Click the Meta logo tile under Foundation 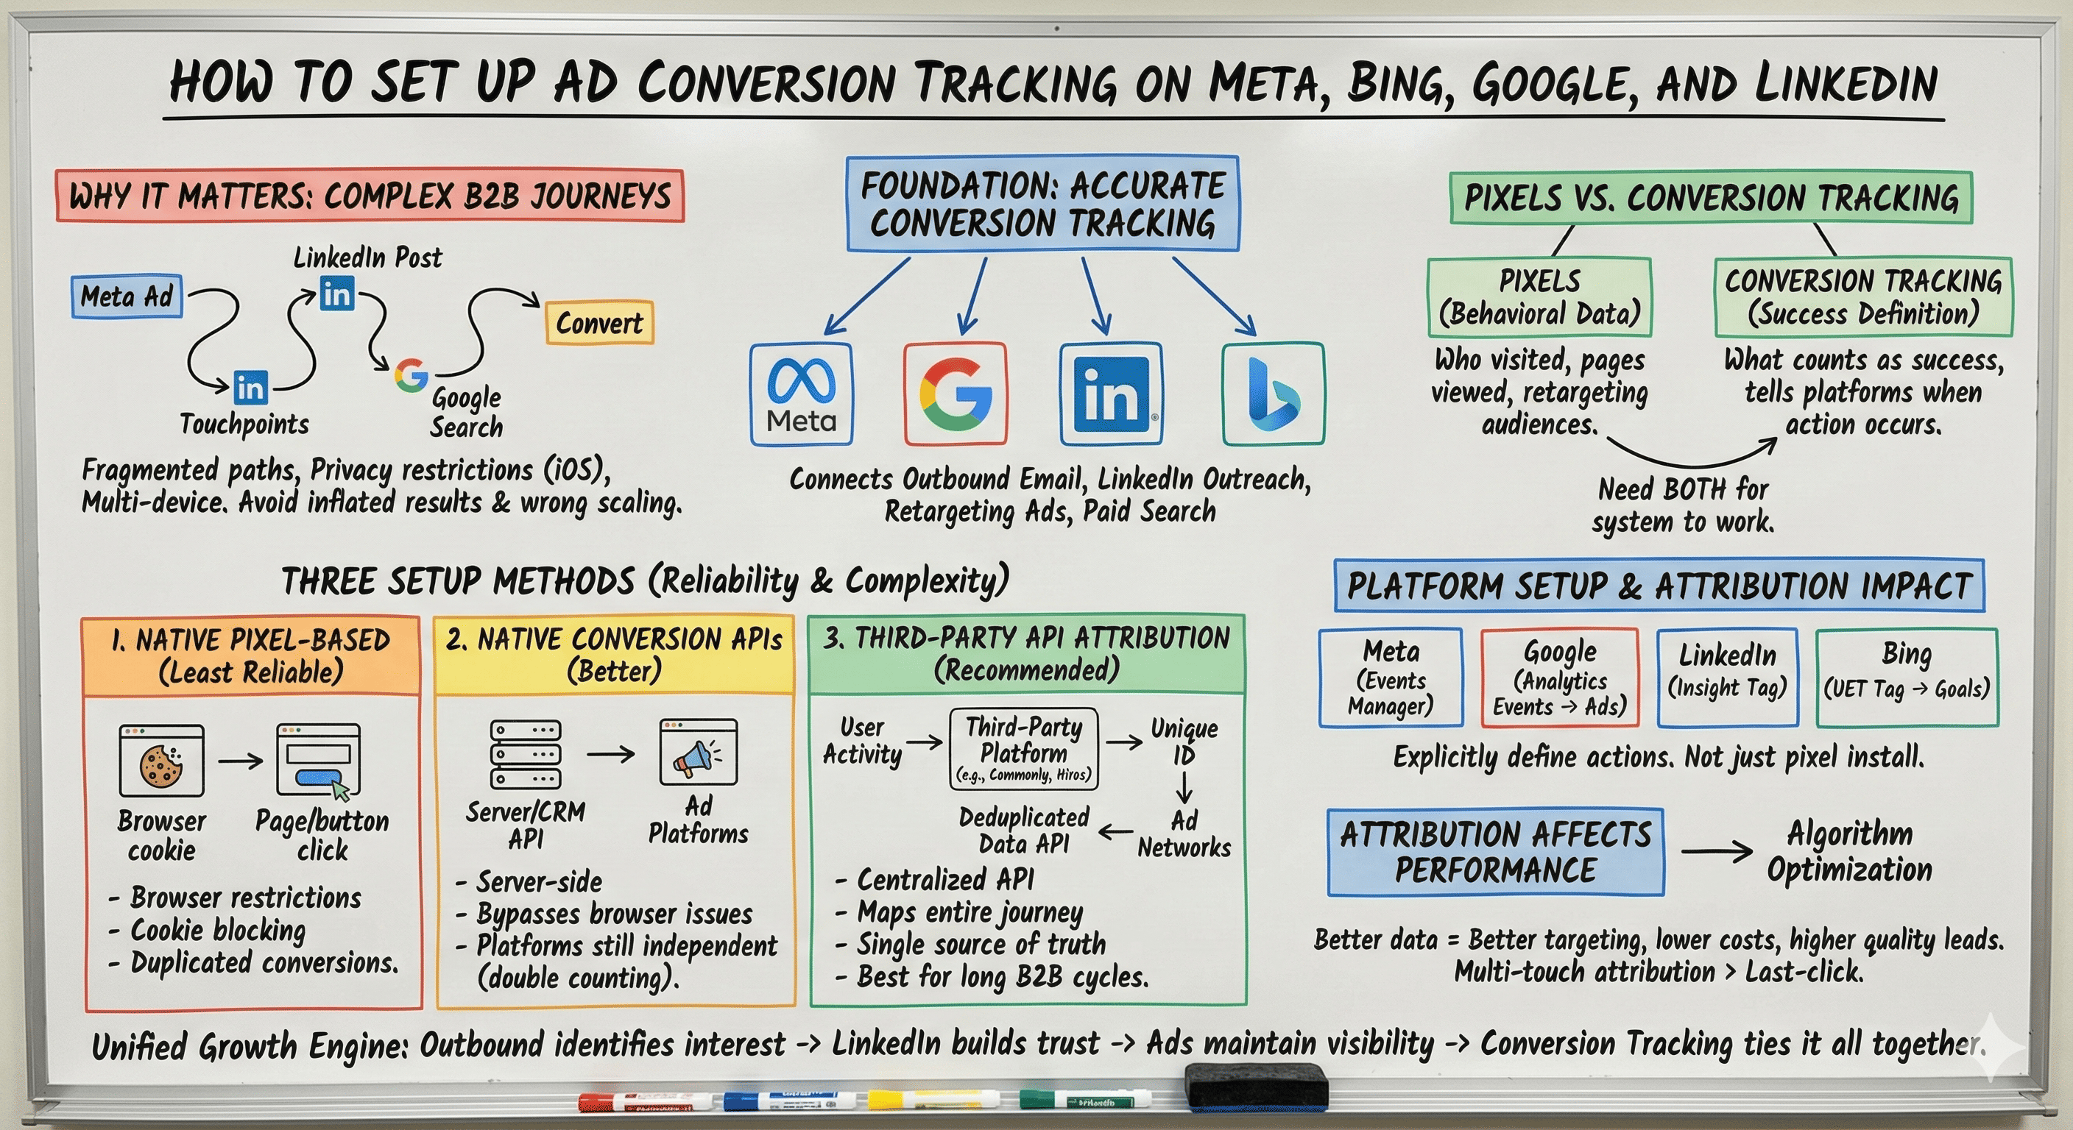(801, 394)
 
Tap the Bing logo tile (1273, 394)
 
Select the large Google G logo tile (956, 394)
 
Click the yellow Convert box (599, 322)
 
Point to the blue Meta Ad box (127, 296)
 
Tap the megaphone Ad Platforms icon (698, 753)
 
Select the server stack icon (526, 753)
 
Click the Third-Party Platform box (1024, 749)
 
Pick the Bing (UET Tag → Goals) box (1907, 678)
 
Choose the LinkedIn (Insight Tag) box (1727, 678)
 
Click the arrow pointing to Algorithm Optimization (1716, 851)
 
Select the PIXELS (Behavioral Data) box (1539, 296)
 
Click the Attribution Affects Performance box (1495, 853)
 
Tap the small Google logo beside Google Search (412, 374)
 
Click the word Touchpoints (244, 424)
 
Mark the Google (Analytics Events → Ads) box (1560, 678)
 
